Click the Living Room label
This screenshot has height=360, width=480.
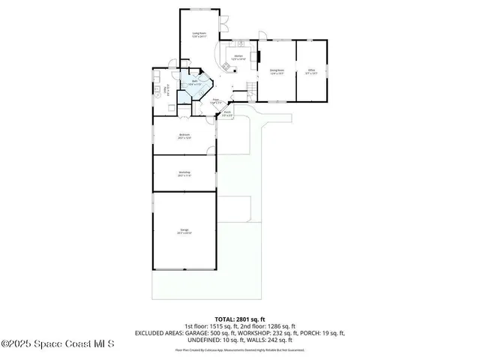(199, 34)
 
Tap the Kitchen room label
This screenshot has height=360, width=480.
(238, 58)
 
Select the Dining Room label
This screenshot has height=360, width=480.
(277, 72)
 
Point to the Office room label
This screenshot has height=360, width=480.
(311, 72)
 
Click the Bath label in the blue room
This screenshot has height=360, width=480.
(193, 83)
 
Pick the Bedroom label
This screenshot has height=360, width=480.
(184, 136)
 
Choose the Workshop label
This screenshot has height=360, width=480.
(184, 174)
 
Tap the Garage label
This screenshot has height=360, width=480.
(184, 231)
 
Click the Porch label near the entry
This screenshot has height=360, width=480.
(226, 114)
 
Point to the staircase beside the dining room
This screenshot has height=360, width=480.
(250, 91)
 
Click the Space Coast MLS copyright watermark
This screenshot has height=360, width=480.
(58, 344)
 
